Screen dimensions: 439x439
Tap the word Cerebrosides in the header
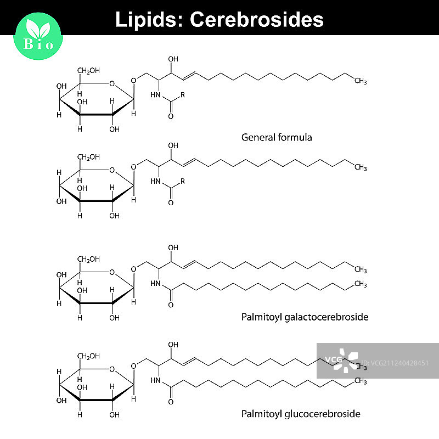click(x=257, y=19)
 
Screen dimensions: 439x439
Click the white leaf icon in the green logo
click(x=39, y=30)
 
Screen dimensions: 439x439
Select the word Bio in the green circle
click(x=39, y=44)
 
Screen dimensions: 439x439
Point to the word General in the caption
click(x=258, y=137)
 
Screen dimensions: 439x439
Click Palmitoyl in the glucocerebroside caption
click(x=261, y=414)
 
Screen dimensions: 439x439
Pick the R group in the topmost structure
click(x=182, y=95)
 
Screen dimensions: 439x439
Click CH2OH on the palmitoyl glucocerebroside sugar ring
click(x=87, y=356)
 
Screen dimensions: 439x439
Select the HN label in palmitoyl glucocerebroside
click(x=155, y=380)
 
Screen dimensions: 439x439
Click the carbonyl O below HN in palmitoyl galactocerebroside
click(x=170, y=305)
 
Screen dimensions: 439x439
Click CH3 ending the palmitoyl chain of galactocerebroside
click(x=361, y=283)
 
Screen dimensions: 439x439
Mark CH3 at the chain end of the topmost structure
click(x=361, y=81)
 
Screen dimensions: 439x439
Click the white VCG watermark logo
click(x=340, y=360)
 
